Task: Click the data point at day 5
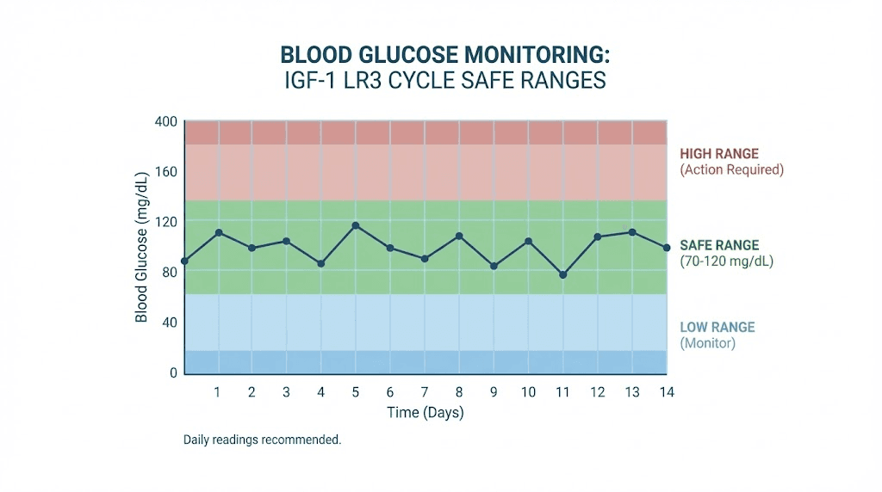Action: (355, 225)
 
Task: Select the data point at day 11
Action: (562, 274)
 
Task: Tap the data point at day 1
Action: (218, 232)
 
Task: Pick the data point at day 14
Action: (667, 248)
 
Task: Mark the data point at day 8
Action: (459, 236)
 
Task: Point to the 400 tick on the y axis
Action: (165, 121)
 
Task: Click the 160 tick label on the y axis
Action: (165, 171)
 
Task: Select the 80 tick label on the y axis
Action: (168, 272)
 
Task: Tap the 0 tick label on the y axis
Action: (172, 372)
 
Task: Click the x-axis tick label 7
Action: (425, 392)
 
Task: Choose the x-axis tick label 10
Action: (528, 392)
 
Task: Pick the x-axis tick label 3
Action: (287, 392)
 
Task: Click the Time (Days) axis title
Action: (425, 413)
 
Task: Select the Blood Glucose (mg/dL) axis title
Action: (141, 247)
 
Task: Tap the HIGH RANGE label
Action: (719, 154)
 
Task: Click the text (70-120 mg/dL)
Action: (726, 261)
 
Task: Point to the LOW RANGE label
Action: (717, 327)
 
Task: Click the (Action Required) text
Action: (731, 170)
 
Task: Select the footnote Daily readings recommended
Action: (262, 440)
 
